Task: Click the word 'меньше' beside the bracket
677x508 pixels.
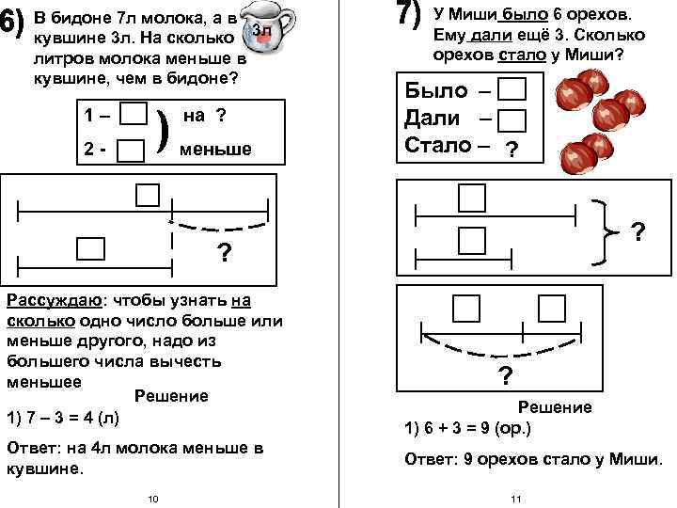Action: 215,149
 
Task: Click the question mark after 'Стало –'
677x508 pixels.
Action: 511,149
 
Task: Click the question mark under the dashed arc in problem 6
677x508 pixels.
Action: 225,254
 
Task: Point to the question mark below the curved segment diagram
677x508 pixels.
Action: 505,376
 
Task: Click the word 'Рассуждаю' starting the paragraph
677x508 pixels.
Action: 53,300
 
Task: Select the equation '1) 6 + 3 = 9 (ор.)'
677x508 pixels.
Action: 467,427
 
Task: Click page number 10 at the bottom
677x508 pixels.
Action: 153,497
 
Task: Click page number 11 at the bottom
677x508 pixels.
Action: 514,497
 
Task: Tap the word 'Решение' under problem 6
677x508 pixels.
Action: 172,396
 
